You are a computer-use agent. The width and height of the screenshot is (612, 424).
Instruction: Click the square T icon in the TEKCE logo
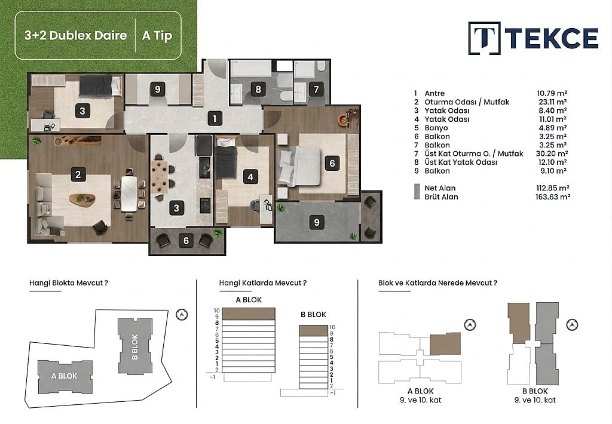tap(484, 38)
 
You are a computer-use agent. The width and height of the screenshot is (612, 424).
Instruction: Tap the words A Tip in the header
tap(157, 35)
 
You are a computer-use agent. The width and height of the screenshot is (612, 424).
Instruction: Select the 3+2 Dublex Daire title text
tap(76, 35)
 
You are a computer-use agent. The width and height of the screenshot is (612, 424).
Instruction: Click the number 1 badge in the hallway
tap(215, 118)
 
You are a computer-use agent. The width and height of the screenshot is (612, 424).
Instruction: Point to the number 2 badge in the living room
tap(78, 174)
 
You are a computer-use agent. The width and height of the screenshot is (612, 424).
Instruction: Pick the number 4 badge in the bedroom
tap(250, 177)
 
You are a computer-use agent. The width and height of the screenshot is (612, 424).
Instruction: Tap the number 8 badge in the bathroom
tap(258, 90)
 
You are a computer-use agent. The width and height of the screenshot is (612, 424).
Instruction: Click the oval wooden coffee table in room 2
tap(82, 199)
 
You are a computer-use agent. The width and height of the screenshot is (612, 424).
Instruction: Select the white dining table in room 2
tap(129, 193)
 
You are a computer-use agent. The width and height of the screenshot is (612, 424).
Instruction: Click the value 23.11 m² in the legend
tap(552, 102)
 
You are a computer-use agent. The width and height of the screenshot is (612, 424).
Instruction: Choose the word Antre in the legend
tap(434, 93)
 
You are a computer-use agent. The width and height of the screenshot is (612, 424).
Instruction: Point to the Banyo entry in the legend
tap(436, 128)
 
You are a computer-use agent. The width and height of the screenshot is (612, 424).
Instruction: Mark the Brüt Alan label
tap(441, 196)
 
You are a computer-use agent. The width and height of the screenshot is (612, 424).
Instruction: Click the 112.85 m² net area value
tap(552, 188)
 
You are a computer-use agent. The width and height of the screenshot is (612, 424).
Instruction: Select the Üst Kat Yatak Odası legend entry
tap(461, 162)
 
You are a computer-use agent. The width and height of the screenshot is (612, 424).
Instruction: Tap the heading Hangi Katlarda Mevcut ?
tap(263, 283)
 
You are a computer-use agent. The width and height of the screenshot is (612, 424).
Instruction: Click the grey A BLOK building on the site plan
tap(65, 376)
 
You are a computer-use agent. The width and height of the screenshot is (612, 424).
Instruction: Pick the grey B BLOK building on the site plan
tap(135, 346)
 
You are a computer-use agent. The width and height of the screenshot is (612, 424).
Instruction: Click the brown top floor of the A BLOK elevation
tap(249, 314)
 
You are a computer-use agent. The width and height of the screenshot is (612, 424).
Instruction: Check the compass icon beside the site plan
tap(182, 314)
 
